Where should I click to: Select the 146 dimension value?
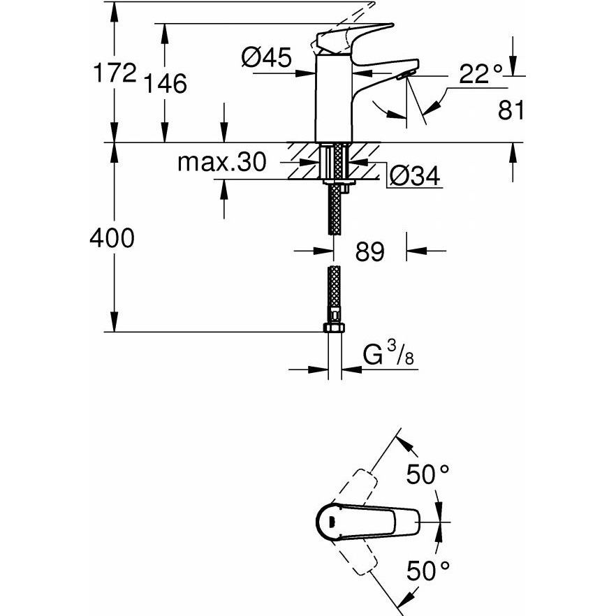pyautogui.click(x=166, y=85)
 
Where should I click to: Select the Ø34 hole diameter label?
pyautogui.click(x=414, y=177)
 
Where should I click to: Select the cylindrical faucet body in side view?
pyautogui.click(x=332, y=101)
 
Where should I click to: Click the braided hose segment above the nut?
pyautogui.click(x=334, y=293)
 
